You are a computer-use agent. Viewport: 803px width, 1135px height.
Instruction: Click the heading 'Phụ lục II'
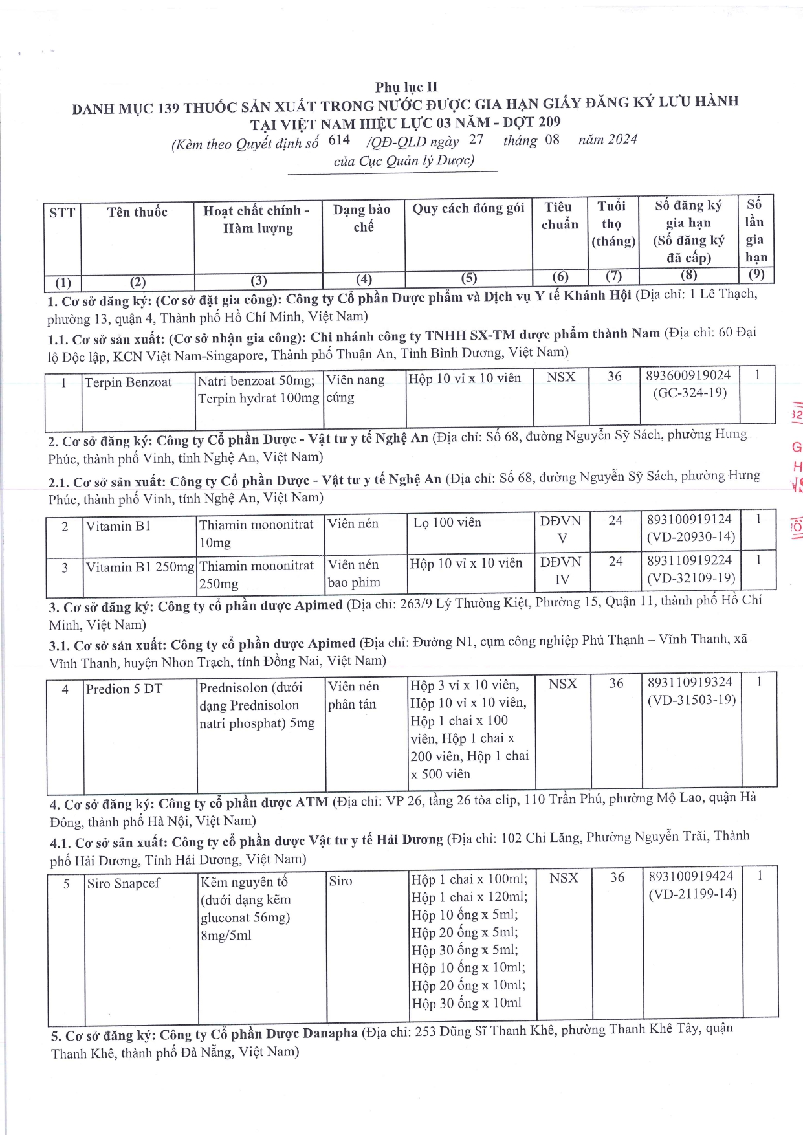click(406, 87)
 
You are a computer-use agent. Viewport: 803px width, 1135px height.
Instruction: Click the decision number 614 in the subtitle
click(339, 140)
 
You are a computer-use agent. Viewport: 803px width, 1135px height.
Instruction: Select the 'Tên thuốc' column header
click(137, 212)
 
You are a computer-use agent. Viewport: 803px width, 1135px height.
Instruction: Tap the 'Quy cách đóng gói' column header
click(468, 208)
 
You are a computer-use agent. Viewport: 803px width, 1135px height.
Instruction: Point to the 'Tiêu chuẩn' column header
click(560, 215)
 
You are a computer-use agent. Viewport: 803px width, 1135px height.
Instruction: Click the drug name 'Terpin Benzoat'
click(128, 382)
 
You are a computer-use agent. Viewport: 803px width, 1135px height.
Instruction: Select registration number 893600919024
click(688, 375)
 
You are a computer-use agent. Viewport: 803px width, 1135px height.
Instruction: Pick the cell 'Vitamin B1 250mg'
click(140, 567)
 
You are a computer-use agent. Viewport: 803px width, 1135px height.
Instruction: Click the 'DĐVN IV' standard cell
click(562, 571)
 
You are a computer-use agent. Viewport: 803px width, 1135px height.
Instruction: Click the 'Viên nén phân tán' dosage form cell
click(353, 695)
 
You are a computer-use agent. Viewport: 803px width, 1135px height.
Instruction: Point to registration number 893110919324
click(690, 682)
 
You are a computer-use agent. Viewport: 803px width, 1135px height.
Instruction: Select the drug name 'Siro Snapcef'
click(124, 883)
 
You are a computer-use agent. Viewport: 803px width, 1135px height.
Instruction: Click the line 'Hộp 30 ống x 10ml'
click(466, 1003)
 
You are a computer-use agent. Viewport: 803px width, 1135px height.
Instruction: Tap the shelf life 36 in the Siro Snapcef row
click(617, 877)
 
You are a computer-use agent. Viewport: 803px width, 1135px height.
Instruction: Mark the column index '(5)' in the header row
click(468, 278)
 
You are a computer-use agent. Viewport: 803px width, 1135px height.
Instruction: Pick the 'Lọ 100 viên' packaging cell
click(447, 522)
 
